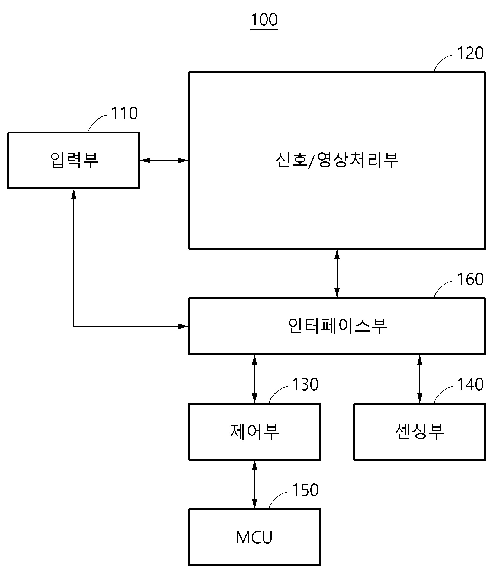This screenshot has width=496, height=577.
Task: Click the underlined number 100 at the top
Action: click(264, 20)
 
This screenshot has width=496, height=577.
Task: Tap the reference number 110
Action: click(124, 113)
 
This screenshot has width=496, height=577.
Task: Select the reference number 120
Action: click(470, 53)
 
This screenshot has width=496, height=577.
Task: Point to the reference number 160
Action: click(470, 279)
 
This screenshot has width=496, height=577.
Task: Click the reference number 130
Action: click(305, 385)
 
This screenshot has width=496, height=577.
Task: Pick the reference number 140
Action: click(470, 385)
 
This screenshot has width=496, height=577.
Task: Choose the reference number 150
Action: click(305, 490)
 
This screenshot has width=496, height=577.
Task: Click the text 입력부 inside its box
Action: click(74, 160)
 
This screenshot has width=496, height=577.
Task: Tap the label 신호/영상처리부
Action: click(337, 160)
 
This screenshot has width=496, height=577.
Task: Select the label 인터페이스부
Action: click(337, 326)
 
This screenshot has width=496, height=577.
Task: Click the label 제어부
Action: click(254, 432)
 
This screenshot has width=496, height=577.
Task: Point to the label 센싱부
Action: click(420, 432)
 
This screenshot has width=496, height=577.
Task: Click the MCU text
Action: click(254, 537)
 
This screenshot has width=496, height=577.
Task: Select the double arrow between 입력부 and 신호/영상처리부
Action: click(164, 160)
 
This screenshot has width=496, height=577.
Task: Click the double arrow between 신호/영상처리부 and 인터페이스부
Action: click(337, 273)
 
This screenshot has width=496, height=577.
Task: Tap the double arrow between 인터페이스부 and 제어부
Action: click(254, 379)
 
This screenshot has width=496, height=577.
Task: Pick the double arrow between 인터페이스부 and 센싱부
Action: click(420, 379)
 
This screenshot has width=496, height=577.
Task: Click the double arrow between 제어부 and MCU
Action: click(254, 484)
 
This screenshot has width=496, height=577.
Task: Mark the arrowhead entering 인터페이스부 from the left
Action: click(183, 326)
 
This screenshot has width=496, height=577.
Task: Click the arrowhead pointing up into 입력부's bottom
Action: click(74, 194)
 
